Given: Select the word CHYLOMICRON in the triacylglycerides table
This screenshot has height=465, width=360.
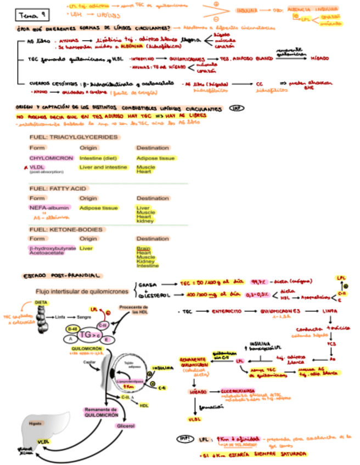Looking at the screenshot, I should [52, 158].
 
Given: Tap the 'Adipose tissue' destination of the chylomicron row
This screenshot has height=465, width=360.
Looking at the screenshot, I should [155, 158].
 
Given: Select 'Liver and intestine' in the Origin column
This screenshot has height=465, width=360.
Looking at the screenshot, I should [103, 167].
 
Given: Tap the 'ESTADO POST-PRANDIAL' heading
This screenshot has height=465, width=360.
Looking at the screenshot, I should [60, 275].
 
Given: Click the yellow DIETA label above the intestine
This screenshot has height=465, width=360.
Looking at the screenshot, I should [40, 302].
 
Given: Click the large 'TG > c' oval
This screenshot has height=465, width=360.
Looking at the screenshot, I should [91, 334].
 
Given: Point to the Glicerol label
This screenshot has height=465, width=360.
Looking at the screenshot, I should [126, 426].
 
